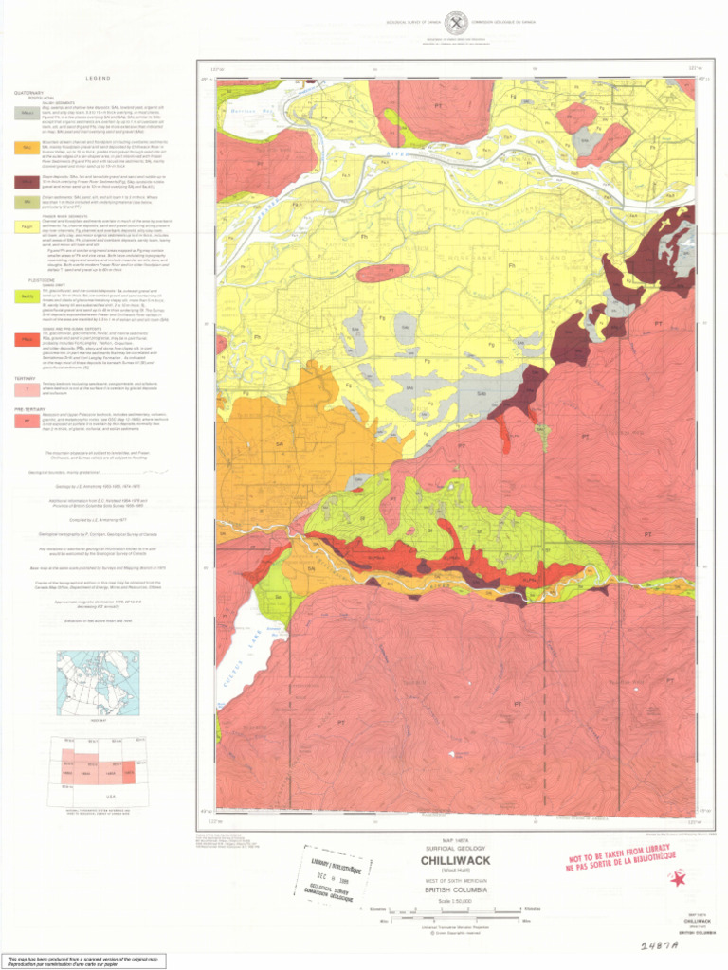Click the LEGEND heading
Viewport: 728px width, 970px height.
click(98, 77)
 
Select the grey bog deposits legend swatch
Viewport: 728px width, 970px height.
click(27, 113)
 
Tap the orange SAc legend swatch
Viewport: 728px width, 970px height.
click(27, 148)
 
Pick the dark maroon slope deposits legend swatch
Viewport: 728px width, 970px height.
click(27, 182)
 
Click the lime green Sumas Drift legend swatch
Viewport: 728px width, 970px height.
click(27, 297)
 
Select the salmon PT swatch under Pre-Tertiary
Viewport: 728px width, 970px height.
click(27, 418)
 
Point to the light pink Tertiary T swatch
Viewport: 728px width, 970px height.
click(27, 389)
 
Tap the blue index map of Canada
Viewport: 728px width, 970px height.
click(97, 682)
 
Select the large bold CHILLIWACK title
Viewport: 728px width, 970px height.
click(454, 861)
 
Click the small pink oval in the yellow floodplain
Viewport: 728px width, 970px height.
click(383, 272)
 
